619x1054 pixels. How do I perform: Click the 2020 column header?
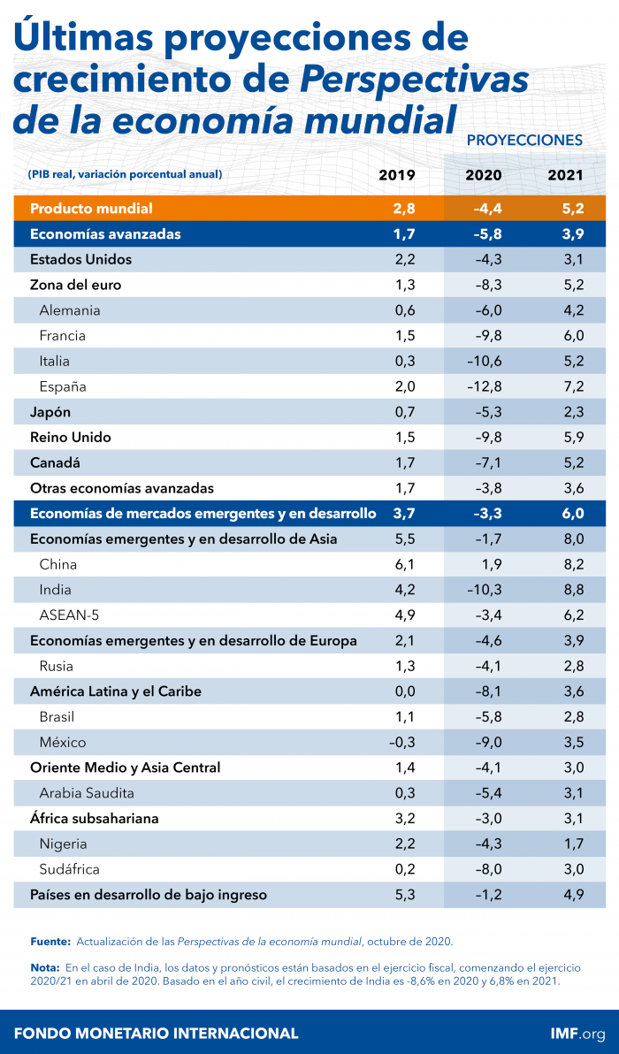click(484, 175)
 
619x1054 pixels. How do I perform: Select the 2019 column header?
click(397, 175)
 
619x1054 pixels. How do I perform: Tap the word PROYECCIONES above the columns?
click(523, 141)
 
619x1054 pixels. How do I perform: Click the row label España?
click(63, 386)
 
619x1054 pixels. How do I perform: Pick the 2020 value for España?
click(483, 386)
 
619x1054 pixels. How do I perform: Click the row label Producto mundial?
click(91, 209)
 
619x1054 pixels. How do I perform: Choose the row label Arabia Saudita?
click(87, 793)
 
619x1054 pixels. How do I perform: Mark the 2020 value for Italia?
click(483, 361)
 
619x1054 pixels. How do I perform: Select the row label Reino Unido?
click(70, 438)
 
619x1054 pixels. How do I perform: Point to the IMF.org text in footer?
click(577, 1033)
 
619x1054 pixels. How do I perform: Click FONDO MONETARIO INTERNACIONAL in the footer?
click(156, 1033)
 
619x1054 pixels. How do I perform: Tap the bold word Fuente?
click(50, 943)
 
